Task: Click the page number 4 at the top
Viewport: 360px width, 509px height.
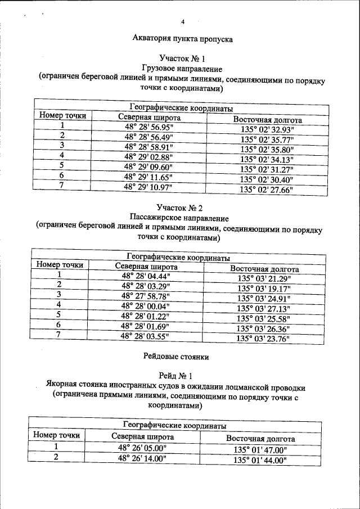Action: tap(182, 22)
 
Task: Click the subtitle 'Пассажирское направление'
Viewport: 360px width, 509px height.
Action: tap(179, 219)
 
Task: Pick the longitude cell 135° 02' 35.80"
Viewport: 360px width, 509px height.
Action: tap(267, 150)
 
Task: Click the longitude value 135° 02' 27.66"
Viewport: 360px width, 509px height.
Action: tap(267, 190)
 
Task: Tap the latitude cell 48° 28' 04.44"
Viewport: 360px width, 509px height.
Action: tap(146, 276)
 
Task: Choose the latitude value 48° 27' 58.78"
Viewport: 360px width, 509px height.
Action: tap(145, 296)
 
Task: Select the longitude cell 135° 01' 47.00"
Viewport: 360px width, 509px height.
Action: tap(260, 450)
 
